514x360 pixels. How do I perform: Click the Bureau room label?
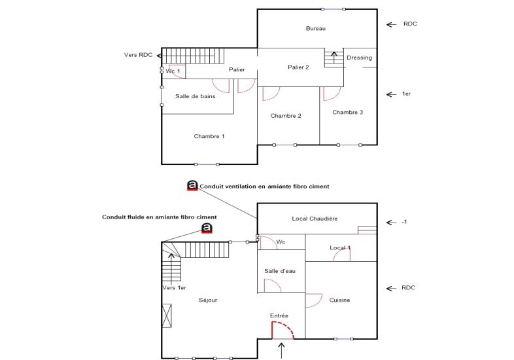click(315, 29)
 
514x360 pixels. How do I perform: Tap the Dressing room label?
click(359, 58)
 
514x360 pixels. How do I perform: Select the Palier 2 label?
click(298, 67)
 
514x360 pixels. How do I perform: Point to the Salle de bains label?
click(195, 96)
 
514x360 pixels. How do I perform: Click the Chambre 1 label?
click(209, 136)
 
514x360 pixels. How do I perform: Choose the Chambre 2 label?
click(286, 116)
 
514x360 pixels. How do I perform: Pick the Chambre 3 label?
click(347, 112)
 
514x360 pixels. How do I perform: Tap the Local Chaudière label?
click(315, 219)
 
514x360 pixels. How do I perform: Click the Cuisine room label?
click(339, 300)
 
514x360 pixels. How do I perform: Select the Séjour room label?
click(207, 300)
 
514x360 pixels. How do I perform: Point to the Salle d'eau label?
click(281, 271)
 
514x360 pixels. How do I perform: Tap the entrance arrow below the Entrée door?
click(282, 350)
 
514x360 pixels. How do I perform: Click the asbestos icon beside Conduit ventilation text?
click(192, 186)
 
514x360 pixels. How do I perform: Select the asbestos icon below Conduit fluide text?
click(207, 228)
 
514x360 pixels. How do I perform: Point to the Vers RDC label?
click(138, 55)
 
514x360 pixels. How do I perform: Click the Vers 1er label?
click(173, 288)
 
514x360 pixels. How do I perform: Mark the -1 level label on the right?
click(403, 223)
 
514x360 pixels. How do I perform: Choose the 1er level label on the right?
click(405, 94)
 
